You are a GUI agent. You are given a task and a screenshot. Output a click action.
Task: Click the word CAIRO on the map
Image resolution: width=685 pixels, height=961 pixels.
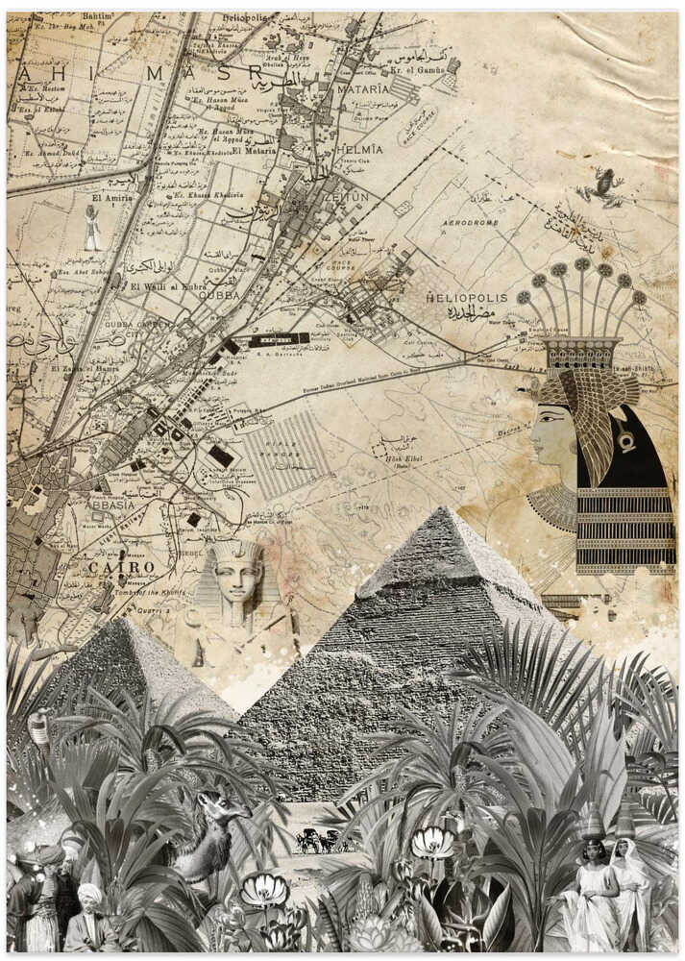(121, 567)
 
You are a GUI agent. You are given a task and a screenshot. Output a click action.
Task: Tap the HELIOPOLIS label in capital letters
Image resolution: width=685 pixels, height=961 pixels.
(466, 298)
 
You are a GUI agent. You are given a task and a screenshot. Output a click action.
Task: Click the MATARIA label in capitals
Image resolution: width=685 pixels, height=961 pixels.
(363, 88)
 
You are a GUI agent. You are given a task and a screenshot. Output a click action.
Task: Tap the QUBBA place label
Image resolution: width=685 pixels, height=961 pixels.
(218, 296)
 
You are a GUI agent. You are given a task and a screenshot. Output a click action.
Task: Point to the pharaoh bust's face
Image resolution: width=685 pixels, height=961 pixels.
(237, 579)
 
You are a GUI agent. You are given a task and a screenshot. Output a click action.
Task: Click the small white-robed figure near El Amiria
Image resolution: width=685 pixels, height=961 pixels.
(92, 229)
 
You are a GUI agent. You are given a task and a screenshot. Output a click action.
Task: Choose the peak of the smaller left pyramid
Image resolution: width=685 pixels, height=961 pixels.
(119, 622)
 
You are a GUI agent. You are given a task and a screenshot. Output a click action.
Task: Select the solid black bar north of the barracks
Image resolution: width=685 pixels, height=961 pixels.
(280, 339)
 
